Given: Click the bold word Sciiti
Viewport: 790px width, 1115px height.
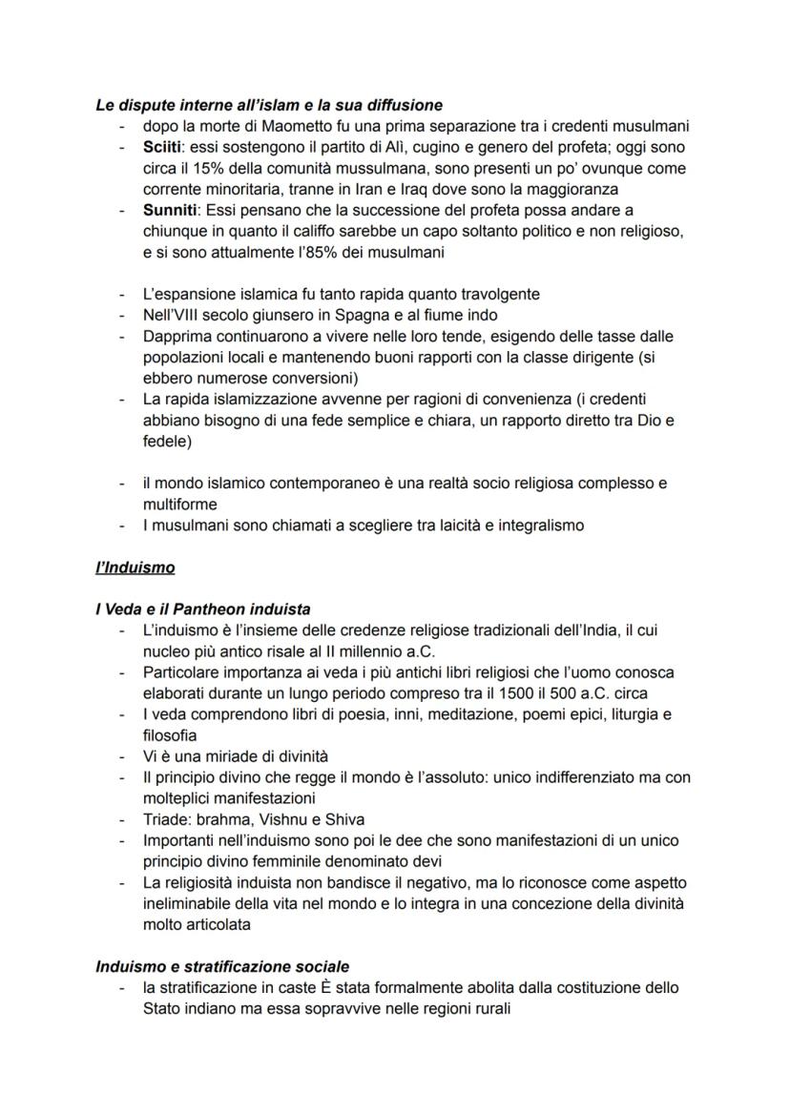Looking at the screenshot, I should point(165,148).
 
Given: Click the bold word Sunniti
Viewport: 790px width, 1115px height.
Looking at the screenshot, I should point(171,210).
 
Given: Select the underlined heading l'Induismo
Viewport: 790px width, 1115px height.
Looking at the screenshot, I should point(135,568).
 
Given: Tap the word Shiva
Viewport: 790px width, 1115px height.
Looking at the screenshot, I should point(343,819).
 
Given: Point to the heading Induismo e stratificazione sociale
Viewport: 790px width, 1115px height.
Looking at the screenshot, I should point(221,966).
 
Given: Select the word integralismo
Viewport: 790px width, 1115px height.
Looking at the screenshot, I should point(537,525).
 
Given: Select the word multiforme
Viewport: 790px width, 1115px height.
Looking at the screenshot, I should point(180,504).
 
